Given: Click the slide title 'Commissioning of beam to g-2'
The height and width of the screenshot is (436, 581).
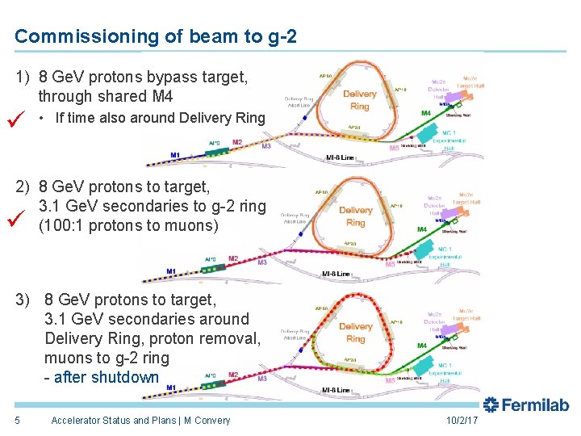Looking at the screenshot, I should [x=155, y=36].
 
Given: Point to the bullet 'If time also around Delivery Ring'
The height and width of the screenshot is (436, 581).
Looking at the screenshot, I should [x=160, y=118].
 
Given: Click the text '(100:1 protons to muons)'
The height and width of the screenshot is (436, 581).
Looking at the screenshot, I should [x=128, y=226].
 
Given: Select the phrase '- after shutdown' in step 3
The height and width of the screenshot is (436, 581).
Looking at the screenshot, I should [x=102, y=377].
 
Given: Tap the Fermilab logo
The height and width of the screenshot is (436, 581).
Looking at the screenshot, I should [x=525, y=405].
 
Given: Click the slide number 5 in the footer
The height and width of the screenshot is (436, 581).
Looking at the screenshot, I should [x=17, y=420].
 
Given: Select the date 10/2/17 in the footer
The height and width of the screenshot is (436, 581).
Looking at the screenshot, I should [x=462, y=421].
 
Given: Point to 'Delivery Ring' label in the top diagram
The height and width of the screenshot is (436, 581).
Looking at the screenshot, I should [x=360, y=100].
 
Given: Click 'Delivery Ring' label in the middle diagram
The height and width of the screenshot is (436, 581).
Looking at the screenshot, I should [x=356, y=216].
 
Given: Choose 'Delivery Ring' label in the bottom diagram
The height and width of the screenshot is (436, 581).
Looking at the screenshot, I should [x=356, y=333].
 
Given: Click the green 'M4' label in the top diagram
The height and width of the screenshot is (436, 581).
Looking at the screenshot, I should [x=425, y=113].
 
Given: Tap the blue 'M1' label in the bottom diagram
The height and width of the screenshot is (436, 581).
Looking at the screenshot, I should [x=171, y=388].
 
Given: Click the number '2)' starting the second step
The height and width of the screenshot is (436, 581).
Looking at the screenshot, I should [x=24, y=187].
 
